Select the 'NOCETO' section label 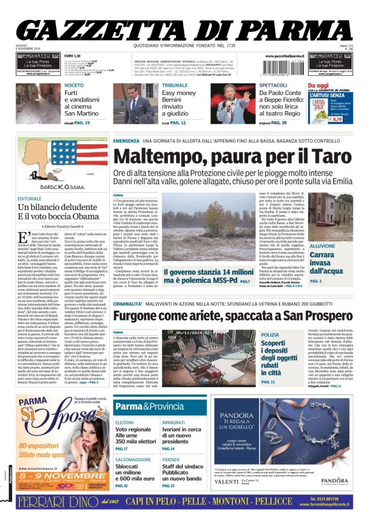(x=73, y=85)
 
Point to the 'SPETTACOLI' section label (x=273, y=85)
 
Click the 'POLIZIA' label (x=270, y=334)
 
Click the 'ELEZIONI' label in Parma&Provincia (x=124, y=422)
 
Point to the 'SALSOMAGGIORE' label (x=133, y=459)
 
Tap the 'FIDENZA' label (x=171, y=459)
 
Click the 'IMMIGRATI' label (x=174, y=422)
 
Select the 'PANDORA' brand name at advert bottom (x=334, y=480)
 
